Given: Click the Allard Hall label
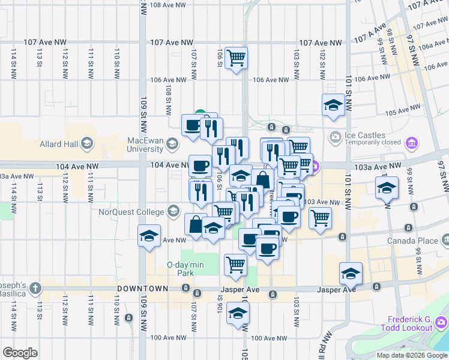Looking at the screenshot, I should click(59, 143).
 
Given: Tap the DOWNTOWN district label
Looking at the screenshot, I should click(141, 289).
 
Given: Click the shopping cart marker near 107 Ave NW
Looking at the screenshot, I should click(237, 58).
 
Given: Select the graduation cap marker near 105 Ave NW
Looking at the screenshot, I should click(333, 105).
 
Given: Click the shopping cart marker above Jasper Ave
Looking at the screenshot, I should click(235, 263).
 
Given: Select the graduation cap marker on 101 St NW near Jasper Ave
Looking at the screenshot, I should click(350, 274).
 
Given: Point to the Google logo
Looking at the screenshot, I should click(20, 352).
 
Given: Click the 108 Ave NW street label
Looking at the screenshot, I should click(169, 5).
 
